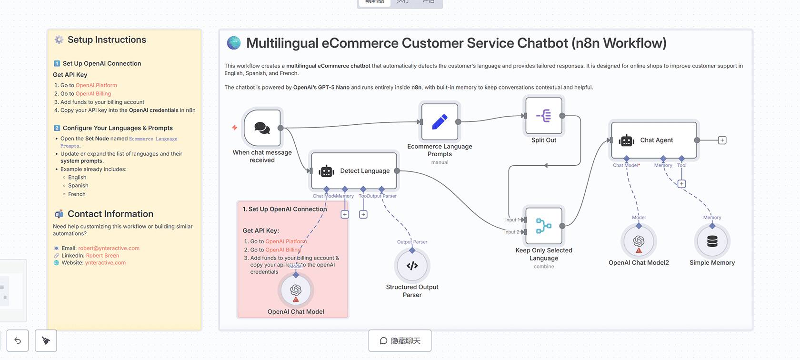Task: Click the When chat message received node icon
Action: pos(262,128)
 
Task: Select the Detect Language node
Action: pos(354,171)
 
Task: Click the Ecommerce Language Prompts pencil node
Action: pos(440,122)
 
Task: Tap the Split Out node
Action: pos(544,116)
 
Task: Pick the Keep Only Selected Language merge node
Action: pos(544,226)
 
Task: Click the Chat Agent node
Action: pos(654,140)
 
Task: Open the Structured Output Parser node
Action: pos(412,266)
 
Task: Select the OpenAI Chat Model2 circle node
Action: pos(639,241)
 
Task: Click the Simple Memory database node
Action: pos(712,241)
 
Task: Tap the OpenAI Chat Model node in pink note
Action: pos(296,290)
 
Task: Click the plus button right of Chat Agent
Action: pos(722,140)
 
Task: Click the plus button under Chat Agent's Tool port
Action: pos(682,184)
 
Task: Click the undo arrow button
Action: pos(18,340)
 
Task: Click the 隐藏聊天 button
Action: pos(400,340)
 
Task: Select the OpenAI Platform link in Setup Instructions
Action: pos(96,86)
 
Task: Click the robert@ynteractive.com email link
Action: pos(109,249)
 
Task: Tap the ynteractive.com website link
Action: pos(105,263)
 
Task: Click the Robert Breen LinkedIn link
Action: pos(102,256)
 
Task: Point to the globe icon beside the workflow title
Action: pos(234,43)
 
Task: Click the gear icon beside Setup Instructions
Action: pos(59,40)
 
